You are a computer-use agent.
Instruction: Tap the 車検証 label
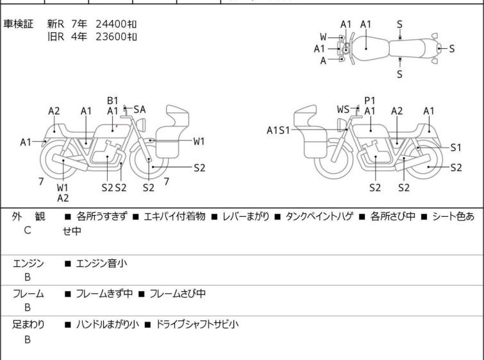coord(19,24)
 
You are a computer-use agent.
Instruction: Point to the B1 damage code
coord(113,100)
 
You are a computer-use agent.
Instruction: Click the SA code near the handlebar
coord(139,110)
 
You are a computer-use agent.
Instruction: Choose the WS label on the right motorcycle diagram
coord(343,110)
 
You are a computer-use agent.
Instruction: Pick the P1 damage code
coord(369,100)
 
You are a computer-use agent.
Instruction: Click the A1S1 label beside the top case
coord(278,130)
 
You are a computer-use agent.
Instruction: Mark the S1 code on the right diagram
coord(456,147)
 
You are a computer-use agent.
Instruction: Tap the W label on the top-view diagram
coord(324,37)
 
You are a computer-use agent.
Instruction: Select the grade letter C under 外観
coord(28,229)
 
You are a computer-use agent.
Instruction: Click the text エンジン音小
coord(102,262)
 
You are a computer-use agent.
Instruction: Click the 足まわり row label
coord(29,325)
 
